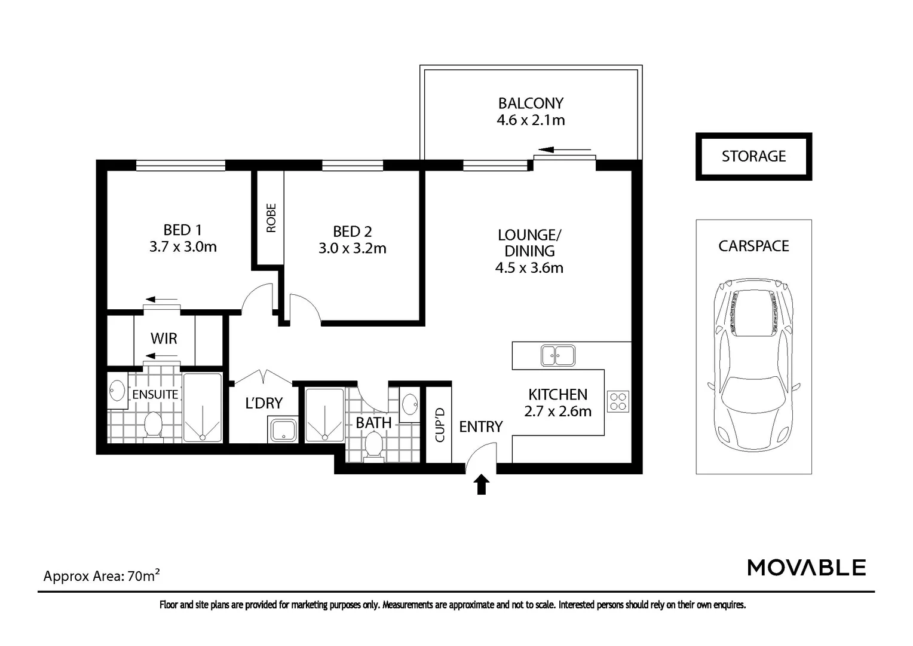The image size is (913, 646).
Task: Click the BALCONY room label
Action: click(x=531, y=103)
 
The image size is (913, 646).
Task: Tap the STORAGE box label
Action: click(x=753, y=156)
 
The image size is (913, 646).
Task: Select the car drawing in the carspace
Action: click(x=753, y=365)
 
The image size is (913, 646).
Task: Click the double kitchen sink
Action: click(x=557, y=355)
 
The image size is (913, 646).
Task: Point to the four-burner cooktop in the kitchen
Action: click(x=618, y=401)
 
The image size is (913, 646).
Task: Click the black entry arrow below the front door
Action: click(x=482, y=484)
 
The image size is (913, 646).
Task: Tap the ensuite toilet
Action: click(x=153, y=426)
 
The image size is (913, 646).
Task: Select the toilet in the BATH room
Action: click(x=373, y=447)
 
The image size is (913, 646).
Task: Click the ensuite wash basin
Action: click(x=118, y=390)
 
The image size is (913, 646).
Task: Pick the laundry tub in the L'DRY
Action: click(x=283, y=429)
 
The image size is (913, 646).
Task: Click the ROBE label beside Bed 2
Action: click(x=271, y=218)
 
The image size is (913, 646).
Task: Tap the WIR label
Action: click(x=164, y=339)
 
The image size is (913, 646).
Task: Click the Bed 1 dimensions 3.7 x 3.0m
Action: click(x=183, y=247)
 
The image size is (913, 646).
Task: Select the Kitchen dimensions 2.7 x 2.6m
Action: click(x=557, y=412)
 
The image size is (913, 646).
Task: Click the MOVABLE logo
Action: click(x=806, y=568)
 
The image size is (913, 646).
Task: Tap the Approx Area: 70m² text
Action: click(x=102, y=575)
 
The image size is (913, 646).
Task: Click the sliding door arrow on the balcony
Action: click(x=564, y=150)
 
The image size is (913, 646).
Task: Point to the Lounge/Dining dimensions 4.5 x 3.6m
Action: click(x=529, y=268)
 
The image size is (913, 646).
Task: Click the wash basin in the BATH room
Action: click(x=410, y=404)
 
